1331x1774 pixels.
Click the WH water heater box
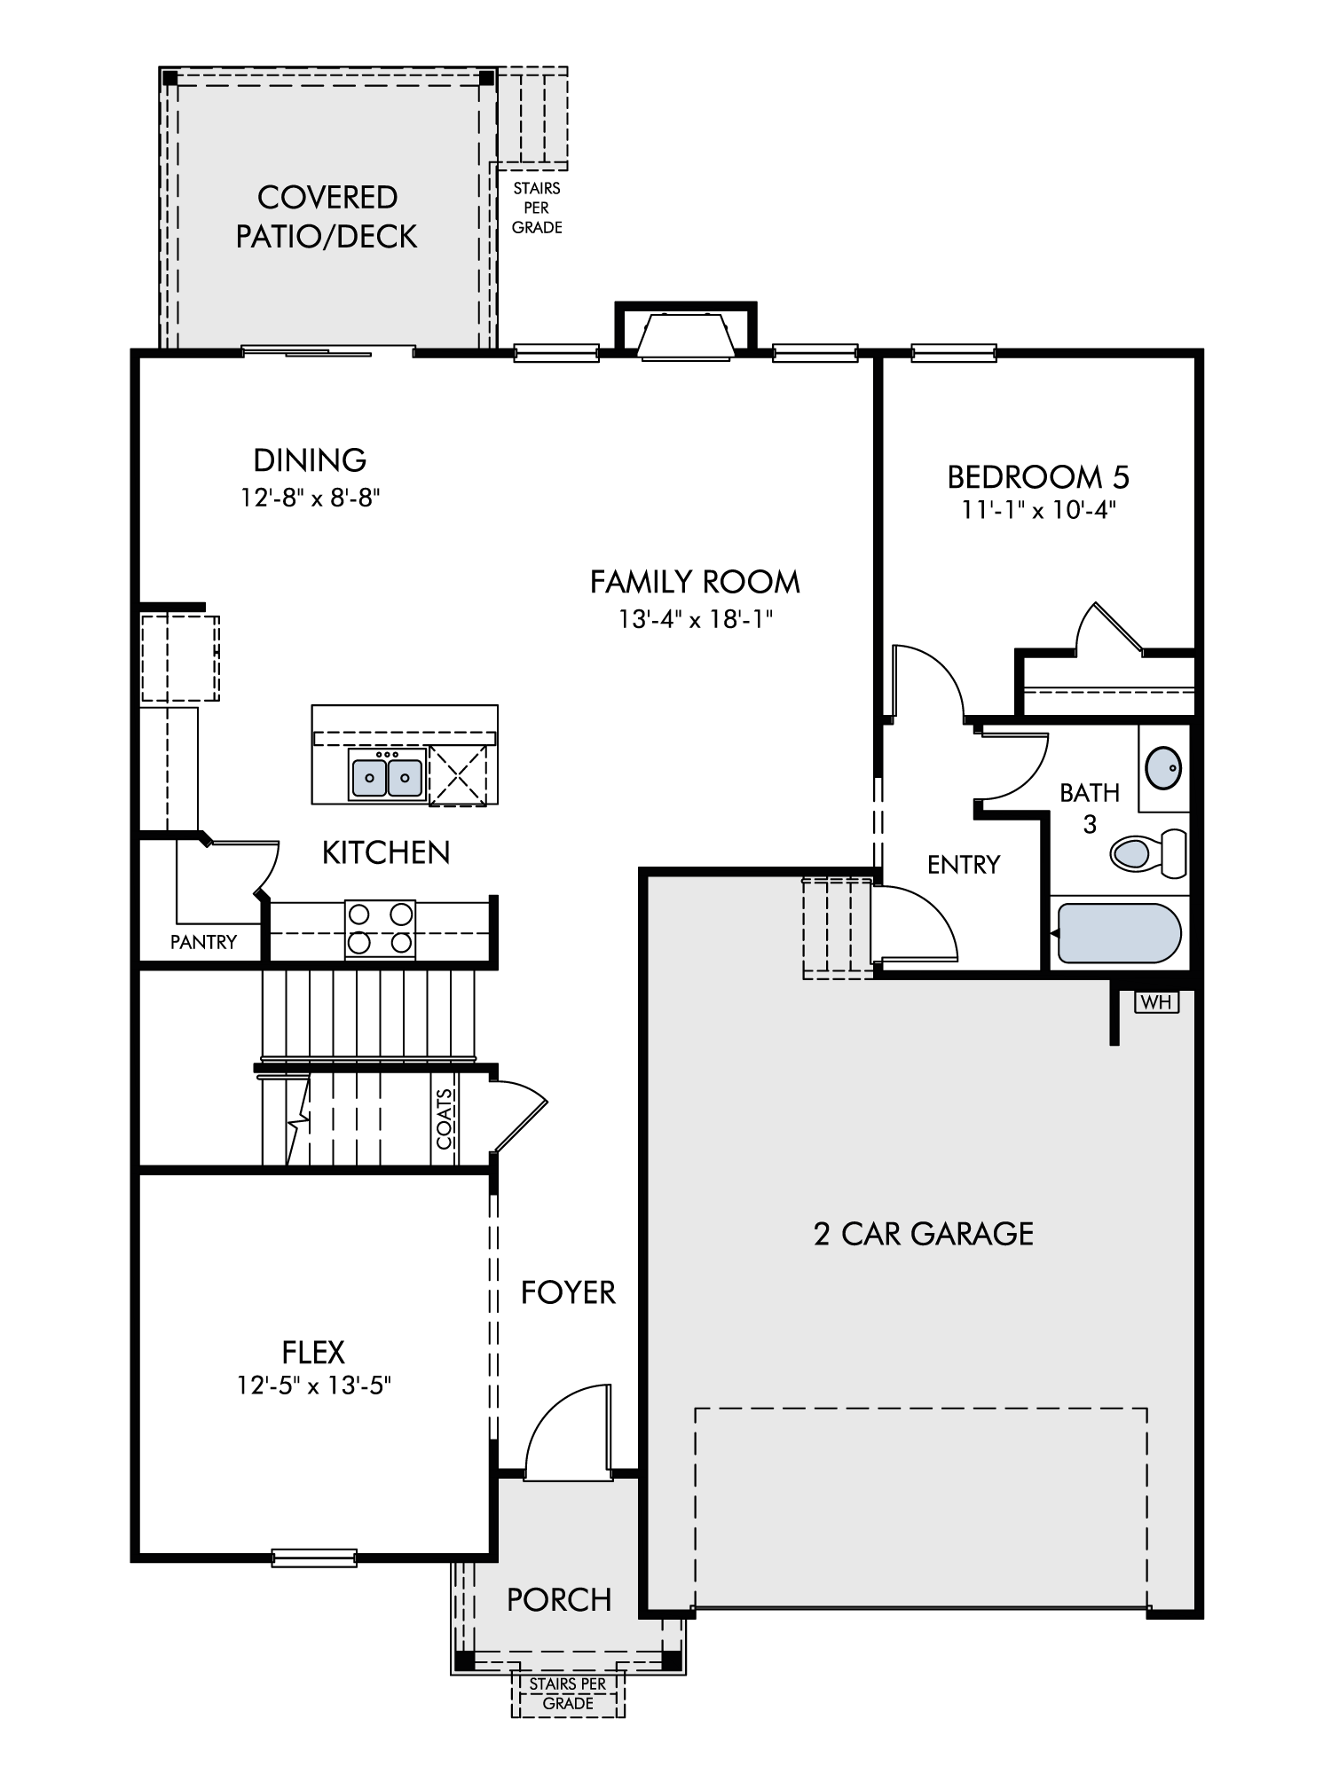point(1156,1002)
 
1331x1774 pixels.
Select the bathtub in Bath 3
point(1119,933)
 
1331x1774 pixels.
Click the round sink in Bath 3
point(1163,767)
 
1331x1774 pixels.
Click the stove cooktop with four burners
point(380,929)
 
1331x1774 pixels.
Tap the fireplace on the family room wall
point(686,333)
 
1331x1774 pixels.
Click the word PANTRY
point(204,942)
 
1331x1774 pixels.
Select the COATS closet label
point(445,1119)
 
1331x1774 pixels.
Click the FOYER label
point(568,1292)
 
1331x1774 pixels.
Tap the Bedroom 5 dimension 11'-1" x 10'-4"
point(1038,511)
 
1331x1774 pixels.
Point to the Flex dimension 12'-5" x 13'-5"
point(314,1385)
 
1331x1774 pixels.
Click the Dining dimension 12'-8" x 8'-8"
point(311,498)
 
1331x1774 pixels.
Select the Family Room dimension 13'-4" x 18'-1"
point(696,618)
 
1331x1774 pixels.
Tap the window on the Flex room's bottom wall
point(314,1558)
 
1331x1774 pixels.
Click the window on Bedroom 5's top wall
point(954,353)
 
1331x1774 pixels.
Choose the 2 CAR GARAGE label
point(924,1234)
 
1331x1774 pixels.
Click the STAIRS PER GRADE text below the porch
point(568,1693)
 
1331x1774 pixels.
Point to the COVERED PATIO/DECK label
point(327,216)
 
